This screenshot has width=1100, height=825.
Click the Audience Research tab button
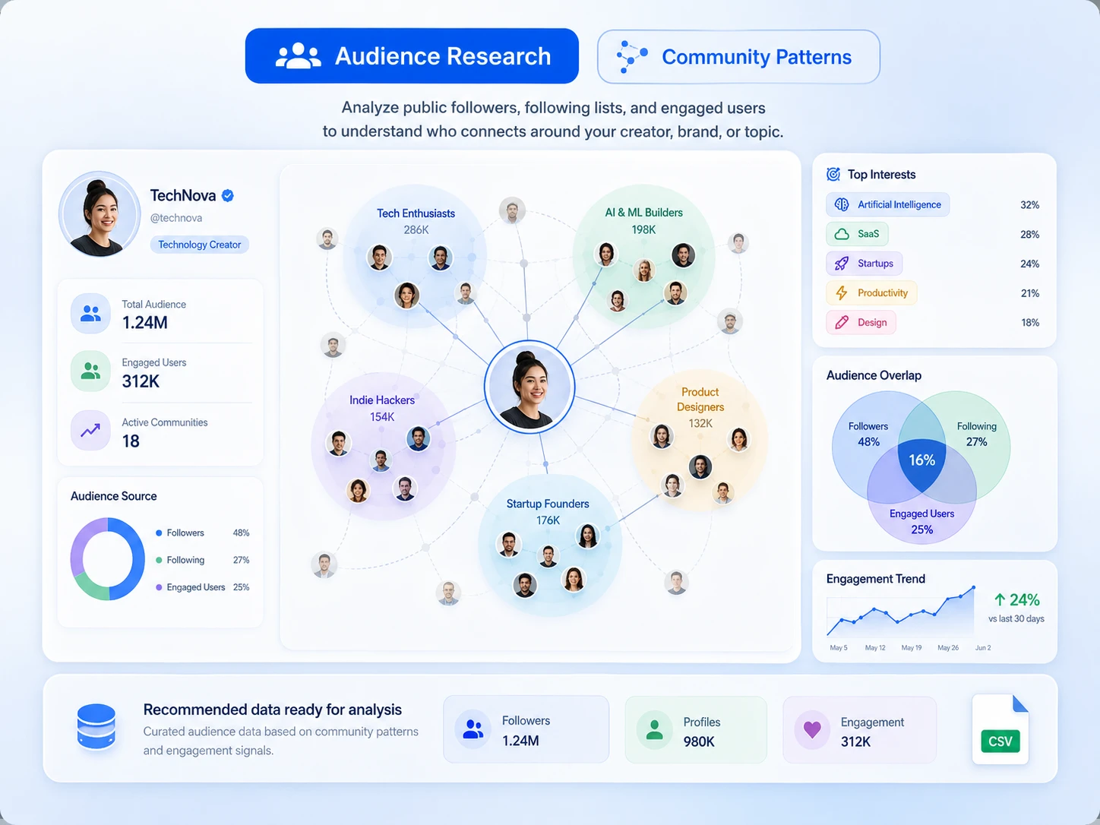[412, 55]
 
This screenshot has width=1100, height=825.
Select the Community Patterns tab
[738, 57]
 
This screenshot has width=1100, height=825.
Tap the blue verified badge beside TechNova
[227, 195]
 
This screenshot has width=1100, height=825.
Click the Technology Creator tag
[200, 245]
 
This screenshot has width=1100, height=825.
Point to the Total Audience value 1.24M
[145, 323]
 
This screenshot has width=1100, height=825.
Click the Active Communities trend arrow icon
[90, 430]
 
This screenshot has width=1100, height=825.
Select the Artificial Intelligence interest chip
[887, 204]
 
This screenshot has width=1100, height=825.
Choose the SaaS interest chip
[857, 234]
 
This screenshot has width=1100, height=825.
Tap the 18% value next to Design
[1030, 323]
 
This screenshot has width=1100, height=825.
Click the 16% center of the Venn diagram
[921, 460]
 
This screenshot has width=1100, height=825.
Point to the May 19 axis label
[911, 648]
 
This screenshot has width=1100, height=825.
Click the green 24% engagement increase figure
[1016, 599]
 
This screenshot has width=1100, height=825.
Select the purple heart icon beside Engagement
[812, 729]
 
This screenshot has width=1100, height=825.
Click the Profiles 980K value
[699, 742]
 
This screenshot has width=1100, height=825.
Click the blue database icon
[96, 726]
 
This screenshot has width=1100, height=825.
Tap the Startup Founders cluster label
[547, 504]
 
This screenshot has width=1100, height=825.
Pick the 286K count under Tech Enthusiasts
[416, 230]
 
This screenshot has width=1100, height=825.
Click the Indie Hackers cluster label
[382, 400]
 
